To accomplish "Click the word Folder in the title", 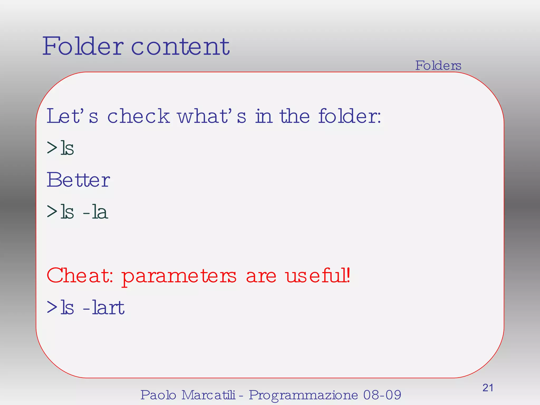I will click(83, 46).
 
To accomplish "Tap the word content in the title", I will click(180, 47).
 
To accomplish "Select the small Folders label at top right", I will click(438, 65).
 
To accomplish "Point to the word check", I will click(138, 116).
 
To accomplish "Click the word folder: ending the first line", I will click(349, 116).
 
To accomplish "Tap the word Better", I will click(78, 180).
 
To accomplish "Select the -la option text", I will click(95, 212).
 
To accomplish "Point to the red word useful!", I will click(318, 276).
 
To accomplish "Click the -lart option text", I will click(104, 308).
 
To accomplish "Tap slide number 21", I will click(488, 388).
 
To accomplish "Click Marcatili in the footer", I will click(208, 395).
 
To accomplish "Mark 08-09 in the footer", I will click(382, 395).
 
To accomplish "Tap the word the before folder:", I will click(295, 116).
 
